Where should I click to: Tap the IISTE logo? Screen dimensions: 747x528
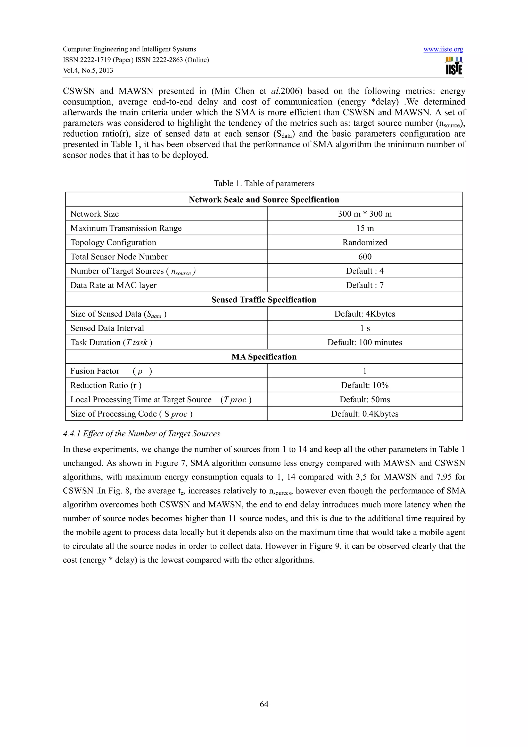click(454, 66)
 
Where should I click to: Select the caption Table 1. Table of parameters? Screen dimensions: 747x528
click(264, 184)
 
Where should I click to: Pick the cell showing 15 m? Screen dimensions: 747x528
click(365, 228)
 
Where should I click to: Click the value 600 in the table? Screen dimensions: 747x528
click(365, 257)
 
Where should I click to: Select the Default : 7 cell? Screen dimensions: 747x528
click(365, 285)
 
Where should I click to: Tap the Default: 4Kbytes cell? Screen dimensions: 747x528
click(365, 314)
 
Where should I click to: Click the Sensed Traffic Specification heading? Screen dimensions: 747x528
click(264, 300)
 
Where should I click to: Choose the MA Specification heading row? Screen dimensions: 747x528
click(264, 357)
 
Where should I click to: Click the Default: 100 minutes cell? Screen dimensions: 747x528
click(365, 343)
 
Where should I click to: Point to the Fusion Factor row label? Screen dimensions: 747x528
click(95, 371)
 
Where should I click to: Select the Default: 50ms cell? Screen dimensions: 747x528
click(365, 400)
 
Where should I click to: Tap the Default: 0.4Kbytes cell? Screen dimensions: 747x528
click(365, 414)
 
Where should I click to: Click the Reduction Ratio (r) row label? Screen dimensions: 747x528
click(106, 386)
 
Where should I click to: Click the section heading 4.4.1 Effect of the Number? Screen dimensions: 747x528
click(141, 434)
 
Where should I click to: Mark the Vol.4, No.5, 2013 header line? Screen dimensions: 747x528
click(88, 71)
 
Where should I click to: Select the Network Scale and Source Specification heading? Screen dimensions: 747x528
click(264, 200)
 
